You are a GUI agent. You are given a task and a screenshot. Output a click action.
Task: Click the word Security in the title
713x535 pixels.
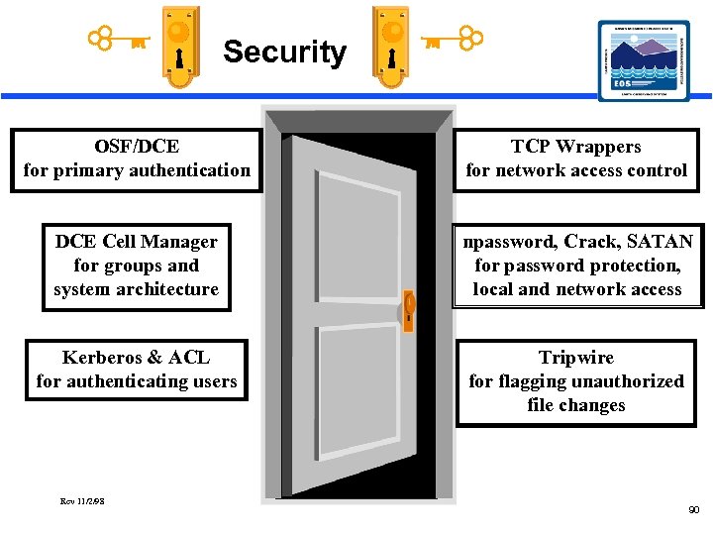[284, 52]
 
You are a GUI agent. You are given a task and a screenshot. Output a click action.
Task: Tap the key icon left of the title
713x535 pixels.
[119, 41]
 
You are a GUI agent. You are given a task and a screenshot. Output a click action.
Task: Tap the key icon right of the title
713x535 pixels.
[452, 40]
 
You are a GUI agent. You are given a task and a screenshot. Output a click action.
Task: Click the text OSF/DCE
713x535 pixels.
[137, 147]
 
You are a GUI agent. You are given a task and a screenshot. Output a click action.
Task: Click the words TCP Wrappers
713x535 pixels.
[575, 147]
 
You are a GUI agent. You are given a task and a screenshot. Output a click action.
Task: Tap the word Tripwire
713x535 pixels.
[575, 358]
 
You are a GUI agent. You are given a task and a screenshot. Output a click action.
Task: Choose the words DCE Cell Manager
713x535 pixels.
[137, 242]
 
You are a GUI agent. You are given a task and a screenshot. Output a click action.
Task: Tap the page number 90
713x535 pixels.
[693, 509]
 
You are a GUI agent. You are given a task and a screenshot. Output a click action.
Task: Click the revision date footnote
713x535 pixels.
[82, 500]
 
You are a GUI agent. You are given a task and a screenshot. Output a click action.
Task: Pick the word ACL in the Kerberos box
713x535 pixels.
[189, 358]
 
